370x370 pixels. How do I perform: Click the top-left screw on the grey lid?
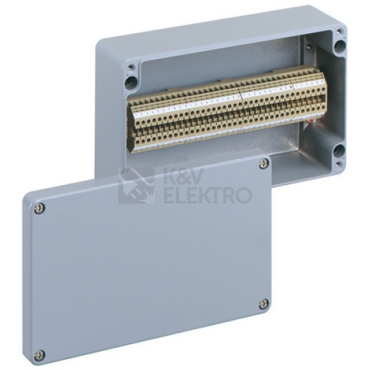pyautogui.click(x=39, y=209)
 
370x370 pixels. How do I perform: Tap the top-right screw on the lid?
pyautogui.click(x=264, y=164)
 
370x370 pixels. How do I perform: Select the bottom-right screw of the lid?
pyautogui.click(x=263, y=304)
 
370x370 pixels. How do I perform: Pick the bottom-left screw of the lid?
pyautogui.click(x=39, y=354)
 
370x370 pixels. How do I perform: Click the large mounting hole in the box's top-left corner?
pyautogui.click(x=131, y=82)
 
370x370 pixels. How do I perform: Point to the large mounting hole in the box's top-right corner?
pyautogui.click(x=340, y=45)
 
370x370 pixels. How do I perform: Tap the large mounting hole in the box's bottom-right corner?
pyautogui.click(x=338, y=149)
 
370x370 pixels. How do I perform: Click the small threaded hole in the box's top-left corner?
pyautogui.click(x=131, y=67)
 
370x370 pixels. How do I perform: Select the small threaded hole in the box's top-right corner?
pyautogui.click(x=340, y=31)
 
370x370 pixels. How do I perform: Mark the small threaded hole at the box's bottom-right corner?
pyautogui.click(x=340, y=163)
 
